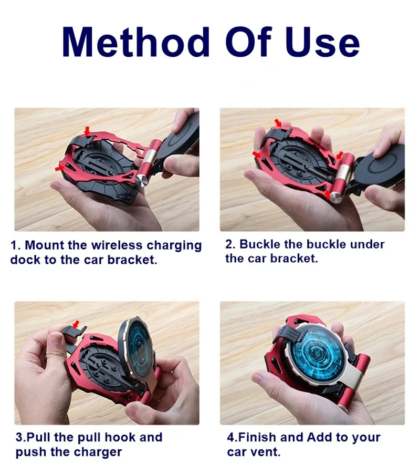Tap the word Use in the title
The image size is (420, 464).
322,42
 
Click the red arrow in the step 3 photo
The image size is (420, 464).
76,324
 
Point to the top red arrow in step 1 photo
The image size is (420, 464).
87,131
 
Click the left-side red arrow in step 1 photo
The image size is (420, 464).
60,168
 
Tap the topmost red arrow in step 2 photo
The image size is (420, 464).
278,122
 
